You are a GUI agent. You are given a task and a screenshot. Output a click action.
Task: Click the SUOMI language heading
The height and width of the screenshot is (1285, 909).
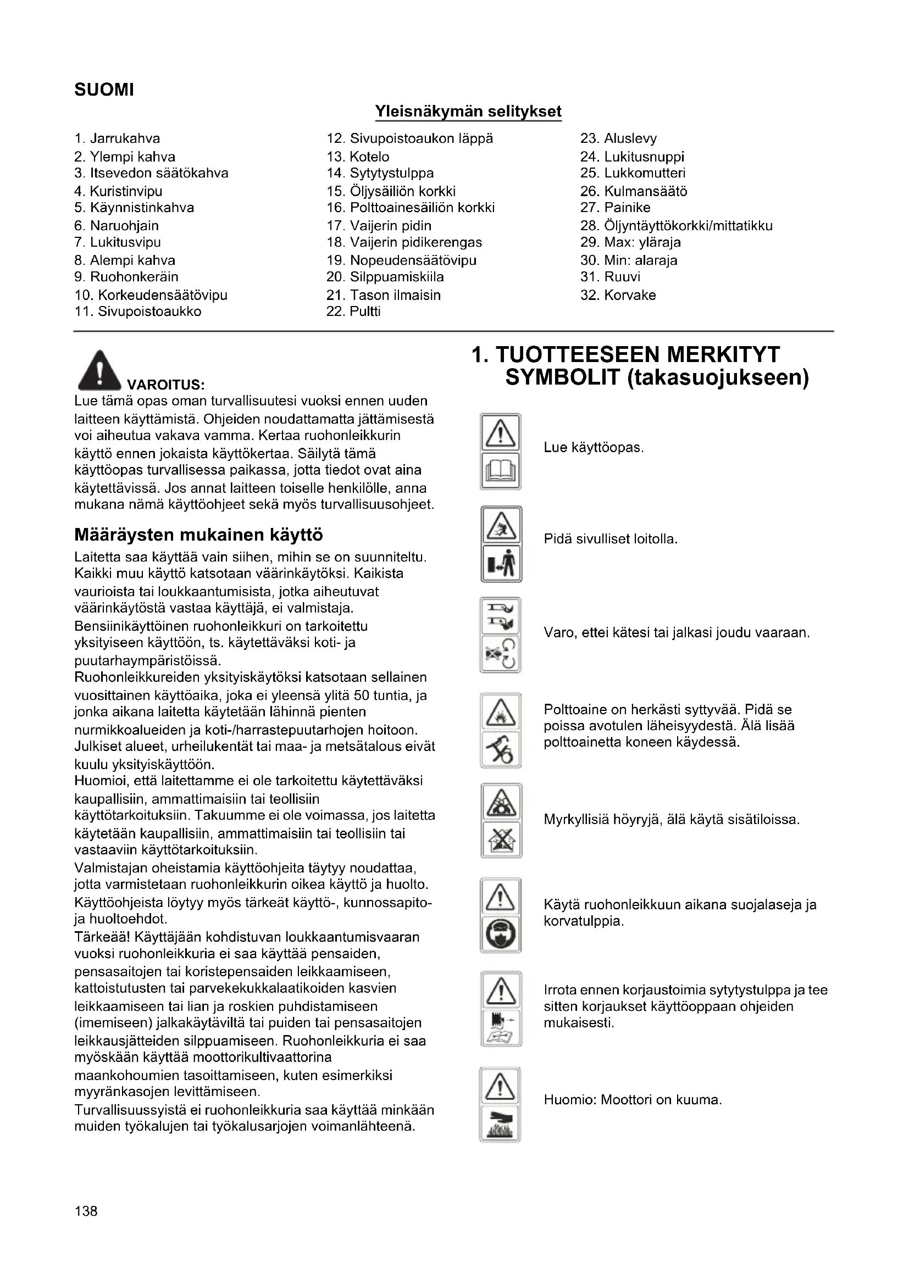click(104, 90)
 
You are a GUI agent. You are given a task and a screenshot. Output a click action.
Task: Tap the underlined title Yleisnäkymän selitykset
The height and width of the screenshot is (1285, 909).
click(468, 112)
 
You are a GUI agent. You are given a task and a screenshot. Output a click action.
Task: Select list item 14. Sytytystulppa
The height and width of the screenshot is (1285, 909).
click(380, 174)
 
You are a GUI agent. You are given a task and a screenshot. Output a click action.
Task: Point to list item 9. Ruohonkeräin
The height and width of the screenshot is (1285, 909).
click(126, 277)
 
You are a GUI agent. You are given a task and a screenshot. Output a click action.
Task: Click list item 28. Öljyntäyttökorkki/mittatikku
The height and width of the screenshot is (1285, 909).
click(676, 226)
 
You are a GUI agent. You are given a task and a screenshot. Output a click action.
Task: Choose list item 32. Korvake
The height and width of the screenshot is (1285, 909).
click(618, 295)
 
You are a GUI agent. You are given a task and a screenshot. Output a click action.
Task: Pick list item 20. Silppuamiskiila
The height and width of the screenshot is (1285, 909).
click(385, 277)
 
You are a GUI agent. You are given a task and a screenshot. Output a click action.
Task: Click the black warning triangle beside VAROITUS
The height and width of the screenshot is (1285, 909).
click(99, 370)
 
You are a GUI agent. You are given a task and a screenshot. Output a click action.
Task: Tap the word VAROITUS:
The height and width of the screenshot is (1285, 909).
click(166, 385)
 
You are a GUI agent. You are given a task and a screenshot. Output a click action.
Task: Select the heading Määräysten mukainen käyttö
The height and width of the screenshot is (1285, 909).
click(199, 535)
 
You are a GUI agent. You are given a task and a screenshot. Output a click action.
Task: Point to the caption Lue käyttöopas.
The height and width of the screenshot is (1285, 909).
click(594, 448)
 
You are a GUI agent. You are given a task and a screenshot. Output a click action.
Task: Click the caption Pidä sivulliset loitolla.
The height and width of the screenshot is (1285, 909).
click(611, 539)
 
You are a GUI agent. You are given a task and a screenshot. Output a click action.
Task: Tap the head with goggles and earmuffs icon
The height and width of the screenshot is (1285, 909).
click(501, 934)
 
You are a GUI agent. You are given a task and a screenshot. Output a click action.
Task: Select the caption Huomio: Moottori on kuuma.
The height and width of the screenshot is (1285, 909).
click(633, 1100)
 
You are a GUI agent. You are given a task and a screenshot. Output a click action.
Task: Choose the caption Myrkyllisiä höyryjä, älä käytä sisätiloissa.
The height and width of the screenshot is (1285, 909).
click(672, 820)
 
